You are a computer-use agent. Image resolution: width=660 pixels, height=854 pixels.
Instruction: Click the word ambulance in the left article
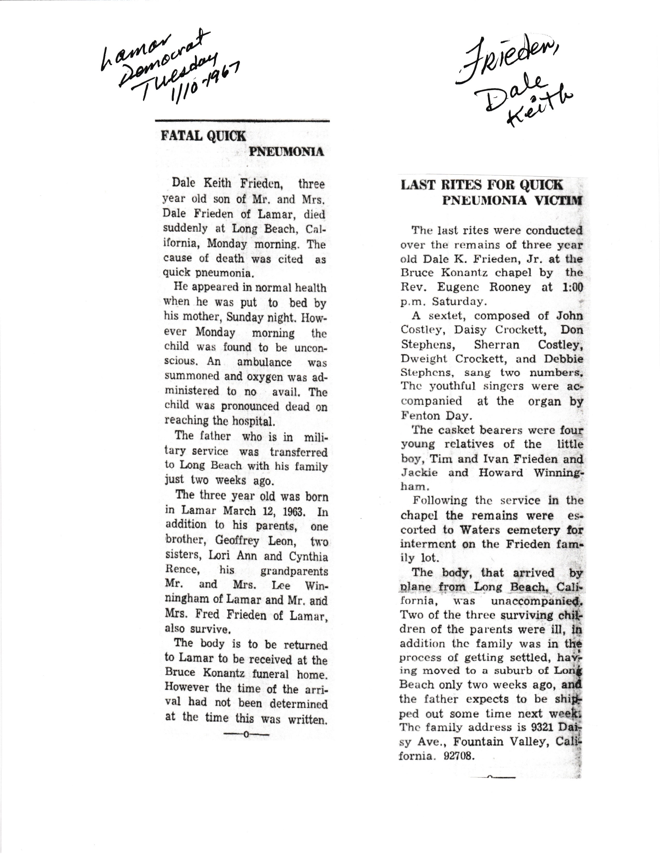pos(264,362)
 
